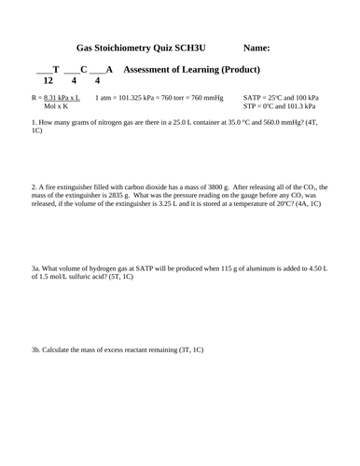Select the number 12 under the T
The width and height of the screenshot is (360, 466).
(x=48, y=81)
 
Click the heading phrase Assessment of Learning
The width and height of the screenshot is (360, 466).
(x=169, y=70)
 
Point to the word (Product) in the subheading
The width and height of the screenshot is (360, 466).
(x=238, y=70)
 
